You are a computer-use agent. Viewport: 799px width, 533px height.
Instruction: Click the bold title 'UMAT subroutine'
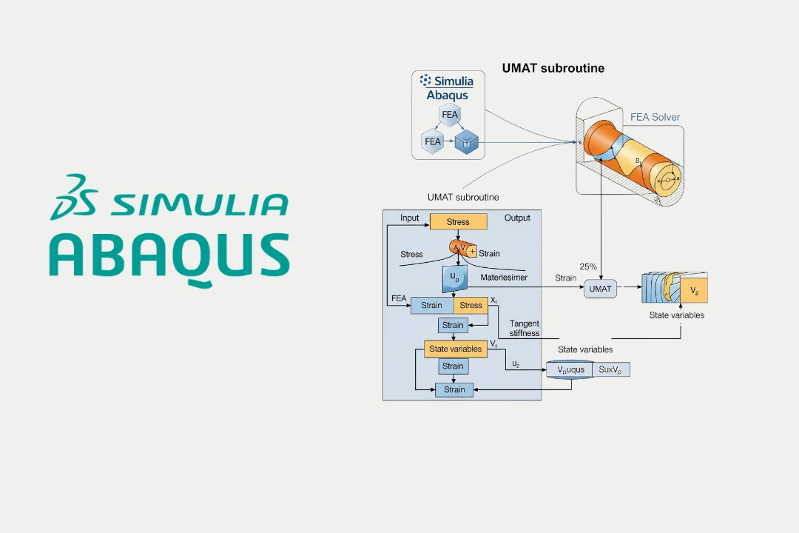(x=553, y=68)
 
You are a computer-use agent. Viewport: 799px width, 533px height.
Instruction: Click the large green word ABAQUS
(x=169, y=256)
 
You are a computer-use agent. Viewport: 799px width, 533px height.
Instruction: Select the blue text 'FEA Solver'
(x=655, y=117)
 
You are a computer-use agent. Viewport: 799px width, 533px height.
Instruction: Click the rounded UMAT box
(x=600, y=289)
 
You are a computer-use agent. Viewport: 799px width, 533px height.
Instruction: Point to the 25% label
(x=587, y=266)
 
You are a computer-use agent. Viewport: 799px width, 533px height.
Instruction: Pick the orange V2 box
(x=694, y=291)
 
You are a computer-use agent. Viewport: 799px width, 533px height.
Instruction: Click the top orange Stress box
(x=458, y=221)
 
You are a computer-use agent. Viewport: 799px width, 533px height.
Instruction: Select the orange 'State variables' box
(x=456, y=349)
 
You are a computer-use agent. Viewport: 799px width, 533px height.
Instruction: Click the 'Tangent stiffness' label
(x=524, y=328)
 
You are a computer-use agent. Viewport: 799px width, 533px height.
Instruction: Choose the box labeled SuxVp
(x=613, y=369)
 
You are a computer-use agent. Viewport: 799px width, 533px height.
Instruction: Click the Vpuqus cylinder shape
(x=570, y=369)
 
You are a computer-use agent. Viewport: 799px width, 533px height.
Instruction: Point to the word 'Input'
(x=409, y=218)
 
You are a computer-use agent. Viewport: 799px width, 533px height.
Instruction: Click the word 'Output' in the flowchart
(x=517, y=218)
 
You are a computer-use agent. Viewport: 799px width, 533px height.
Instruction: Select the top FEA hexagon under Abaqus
(x=450, y=115)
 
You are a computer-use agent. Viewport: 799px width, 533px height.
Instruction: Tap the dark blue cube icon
(x=467, y=141)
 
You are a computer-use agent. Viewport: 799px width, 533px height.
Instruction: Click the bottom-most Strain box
(x=454, y=389)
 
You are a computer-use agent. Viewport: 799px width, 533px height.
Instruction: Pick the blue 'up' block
(x=453, y=278)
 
